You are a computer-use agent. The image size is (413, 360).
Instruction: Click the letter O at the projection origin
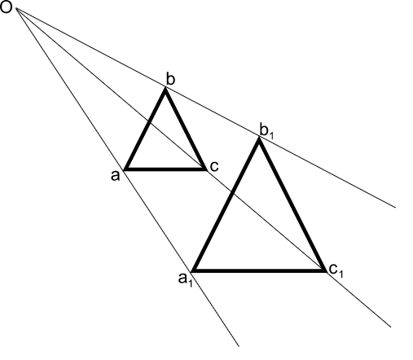[7, 7]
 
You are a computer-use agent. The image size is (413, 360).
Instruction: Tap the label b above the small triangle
[170, 79]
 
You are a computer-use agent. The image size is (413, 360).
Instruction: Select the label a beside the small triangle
[115, 176]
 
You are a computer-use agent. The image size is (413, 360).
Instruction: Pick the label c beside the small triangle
[214, 166]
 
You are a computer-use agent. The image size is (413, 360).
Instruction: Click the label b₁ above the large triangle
[266, 131]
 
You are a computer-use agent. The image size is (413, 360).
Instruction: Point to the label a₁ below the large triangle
[186, 279]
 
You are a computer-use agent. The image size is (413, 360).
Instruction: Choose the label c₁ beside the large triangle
[336, 270]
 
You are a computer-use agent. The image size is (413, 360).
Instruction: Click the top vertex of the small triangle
[165, 89]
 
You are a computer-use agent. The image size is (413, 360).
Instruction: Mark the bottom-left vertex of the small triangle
[125, 169]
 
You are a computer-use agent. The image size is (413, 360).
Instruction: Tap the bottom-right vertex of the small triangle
[205, 169]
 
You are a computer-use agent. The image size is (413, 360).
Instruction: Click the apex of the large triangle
[259, 139]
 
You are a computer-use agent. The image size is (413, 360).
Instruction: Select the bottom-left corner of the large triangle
[193, 270]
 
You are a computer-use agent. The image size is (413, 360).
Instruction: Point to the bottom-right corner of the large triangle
[324, 270]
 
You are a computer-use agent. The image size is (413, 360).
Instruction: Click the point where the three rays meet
[17, 9]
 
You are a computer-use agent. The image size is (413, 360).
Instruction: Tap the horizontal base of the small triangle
[165, 169]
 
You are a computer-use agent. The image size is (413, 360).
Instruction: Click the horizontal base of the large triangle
[258, 270]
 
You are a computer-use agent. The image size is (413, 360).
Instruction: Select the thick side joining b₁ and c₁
[292, 204]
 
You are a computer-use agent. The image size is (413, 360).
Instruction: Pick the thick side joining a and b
[145, 130]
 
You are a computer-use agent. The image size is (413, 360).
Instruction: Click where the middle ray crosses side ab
[148, 121]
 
